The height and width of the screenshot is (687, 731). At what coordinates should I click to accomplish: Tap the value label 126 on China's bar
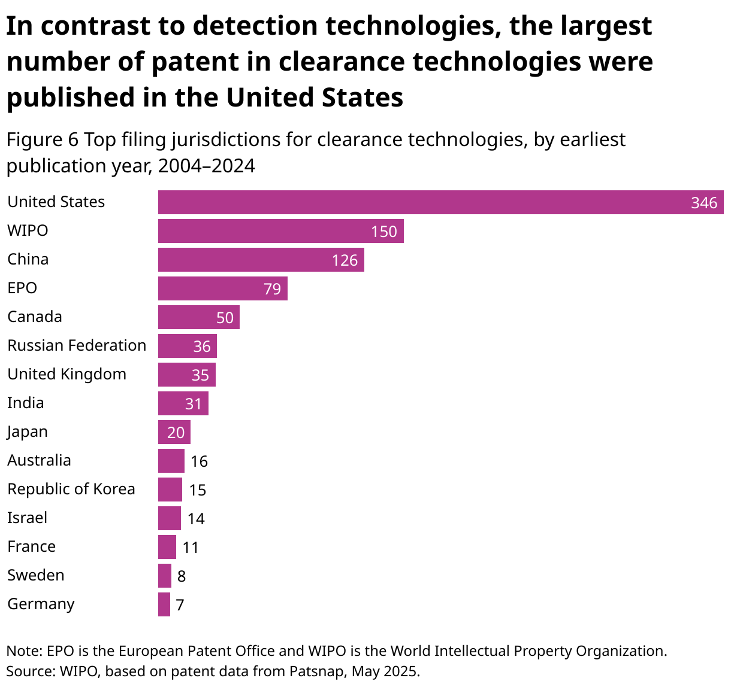click(x=345, y=260)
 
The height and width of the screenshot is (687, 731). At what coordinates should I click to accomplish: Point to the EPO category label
click(x=22, y=288)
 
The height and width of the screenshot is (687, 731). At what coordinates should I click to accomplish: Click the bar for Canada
click(x=198, y=317)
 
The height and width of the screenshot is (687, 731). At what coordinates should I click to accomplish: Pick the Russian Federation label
click(x=77, y=345)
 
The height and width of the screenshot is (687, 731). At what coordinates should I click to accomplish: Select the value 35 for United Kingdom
click(x=200, y=375)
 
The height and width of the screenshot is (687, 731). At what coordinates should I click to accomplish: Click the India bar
click(x=183, y=403)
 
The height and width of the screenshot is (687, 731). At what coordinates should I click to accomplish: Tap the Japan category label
click(x=28, y=431)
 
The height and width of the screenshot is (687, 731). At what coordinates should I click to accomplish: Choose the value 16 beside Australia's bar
click(x=199, y=461)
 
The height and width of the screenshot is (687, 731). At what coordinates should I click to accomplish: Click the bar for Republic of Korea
click(x=170, y=490)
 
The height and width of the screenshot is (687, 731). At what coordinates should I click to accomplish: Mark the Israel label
click(x=27, y=518)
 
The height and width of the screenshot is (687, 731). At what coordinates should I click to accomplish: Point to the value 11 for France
click(x=191, y=548)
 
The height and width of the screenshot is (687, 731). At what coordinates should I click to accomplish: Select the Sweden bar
click(x=164, y=576)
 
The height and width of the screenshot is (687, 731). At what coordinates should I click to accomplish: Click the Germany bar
click(x=164, y=604)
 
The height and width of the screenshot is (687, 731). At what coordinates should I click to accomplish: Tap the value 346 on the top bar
click(x=703, y=203)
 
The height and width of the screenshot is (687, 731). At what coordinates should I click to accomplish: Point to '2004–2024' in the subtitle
click(x=206, y=166)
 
